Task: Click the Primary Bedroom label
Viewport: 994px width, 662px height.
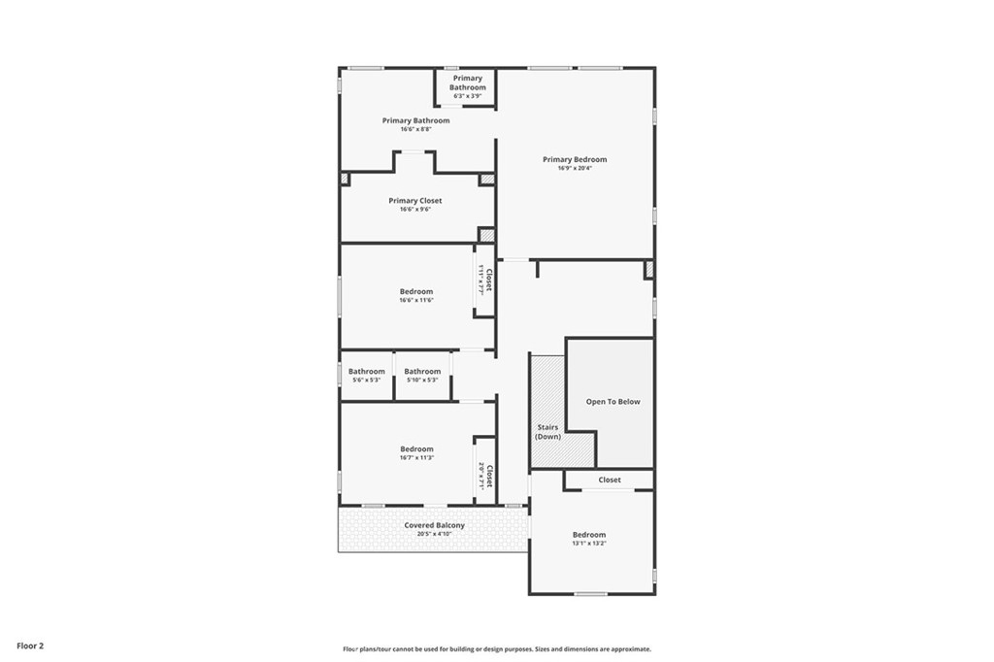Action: (x=575, y=159)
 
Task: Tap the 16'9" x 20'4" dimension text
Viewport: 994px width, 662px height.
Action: (x=575, y=169)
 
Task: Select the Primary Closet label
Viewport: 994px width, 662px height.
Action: (x=415, y=200)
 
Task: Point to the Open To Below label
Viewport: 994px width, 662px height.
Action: (x=613, y=402)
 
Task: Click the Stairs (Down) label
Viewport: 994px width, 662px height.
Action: (x=547, y=432)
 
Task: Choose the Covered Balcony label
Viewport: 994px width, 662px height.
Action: (x=434, y=525)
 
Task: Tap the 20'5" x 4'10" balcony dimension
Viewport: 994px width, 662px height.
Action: (x=434, y=534)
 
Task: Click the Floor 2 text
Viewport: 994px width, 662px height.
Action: (x=30, y=646)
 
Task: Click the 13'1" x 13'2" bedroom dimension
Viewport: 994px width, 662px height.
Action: (x=589, y=544)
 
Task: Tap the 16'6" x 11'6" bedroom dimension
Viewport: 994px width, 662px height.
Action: (x=416, y=301)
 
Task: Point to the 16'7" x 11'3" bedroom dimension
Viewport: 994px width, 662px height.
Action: (x=416, y=458)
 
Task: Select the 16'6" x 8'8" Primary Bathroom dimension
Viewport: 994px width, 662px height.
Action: (x=415, y=129)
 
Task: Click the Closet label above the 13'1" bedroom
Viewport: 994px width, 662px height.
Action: (x=610, y=480)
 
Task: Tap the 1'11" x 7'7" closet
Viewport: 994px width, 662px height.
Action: (x=485, y=280)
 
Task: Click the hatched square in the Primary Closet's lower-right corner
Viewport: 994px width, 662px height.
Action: (x=486, y=235)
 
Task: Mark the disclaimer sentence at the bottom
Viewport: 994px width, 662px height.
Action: (x=497, y=648)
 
